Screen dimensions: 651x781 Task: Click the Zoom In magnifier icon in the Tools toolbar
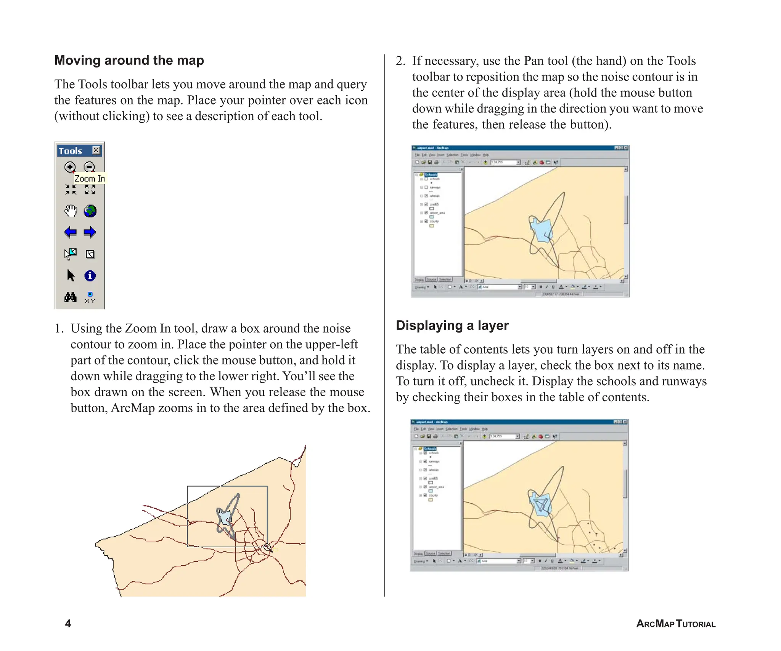tap(70, 167)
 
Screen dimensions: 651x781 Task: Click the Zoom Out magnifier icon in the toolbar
tap(89, 167)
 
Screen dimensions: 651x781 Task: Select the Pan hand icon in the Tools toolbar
tap(71, 211)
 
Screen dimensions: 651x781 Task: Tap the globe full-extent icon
tap(90, 211)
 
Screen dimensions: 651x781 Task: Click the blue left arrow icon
tap(71, 232)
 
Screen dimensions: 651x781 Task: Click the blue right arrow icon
tap(90, 232)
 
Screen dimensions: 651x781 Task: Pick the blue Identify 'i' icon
tap(90, 276)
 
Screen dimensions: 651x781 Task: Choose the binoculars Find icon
tap(70, 297)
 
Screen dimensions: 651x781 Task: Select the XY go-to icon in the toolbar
tap(90, 297)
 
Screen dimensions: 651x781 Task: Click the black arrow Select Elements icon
tap(71, 275)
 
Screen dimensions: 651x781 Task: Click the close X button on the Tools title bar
tap(96, 150)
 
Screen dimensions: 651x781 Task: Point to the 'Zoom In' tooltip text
tap(90, 178)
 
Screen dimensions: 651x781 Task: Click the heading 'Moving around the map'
tap(129, 60)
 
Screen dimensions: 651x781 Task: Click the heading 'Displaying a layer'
tap(452, 325)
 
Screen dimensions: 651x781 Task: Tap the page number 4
tap(68, 624)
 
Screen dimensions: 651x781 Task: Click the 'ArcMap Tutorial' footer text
tap(675, 624)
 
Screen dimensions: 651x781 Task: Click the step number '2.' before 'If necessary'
tap(400, 61)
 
